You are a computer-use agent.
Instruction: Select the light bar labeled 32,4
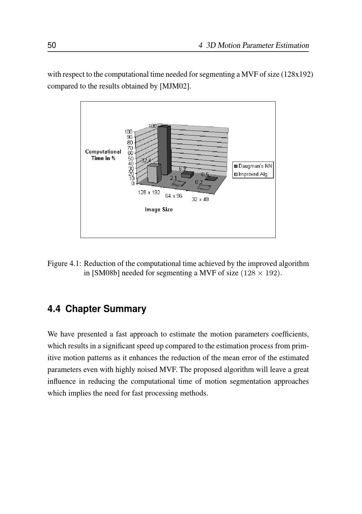pos(154,174)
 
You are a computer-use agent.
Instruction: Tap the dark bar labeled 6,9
pos(187,175)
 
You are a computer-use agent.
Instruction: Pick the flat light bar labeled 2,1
pos(178,184)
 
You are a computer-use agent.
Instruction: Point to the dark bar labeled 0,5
pos(211,178)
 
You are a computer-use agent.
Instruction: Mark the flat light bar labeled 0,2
pos(204,187)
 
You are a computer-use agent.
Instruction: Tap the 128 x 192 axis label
pos(149,192)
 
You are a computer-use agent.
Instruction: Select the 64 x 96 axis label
pos(174,196)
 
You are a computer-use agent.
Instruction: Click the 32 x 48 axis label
pos(200,199)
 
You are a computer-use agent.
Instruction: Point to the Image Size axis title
pos(159,209)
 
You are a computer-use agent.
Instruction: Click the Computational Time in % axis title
pos(103,155)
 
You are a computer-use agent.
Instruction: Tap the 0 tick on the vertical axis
pos(132,183)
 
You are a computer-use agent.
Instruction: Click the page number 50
pos(52,45)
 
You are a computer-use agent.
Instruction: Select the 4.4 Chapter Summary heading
pos(97,309)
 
